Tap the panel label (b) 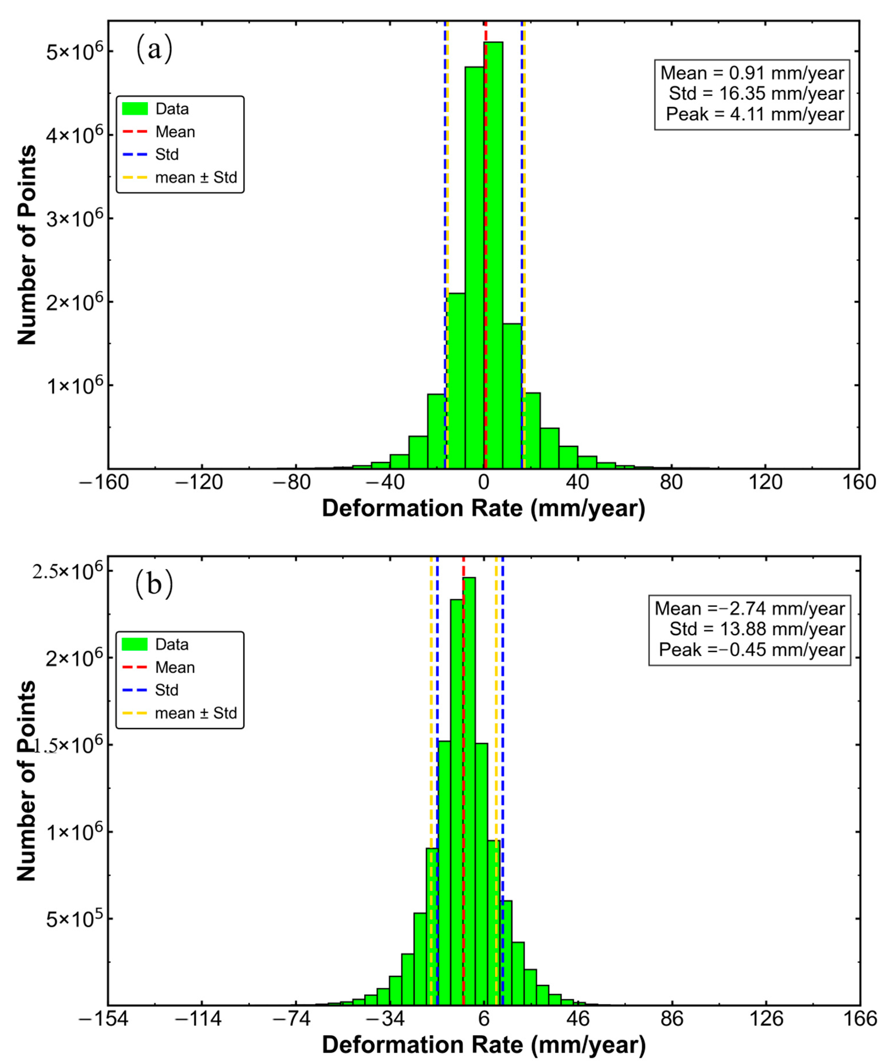pyautogui.click(x=154, y=584)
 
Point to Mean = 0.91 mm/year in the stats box pyautogui.click(x=752, y=73)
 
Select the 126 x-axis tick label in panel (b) pyautogui.click(x=766, y=1018)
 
